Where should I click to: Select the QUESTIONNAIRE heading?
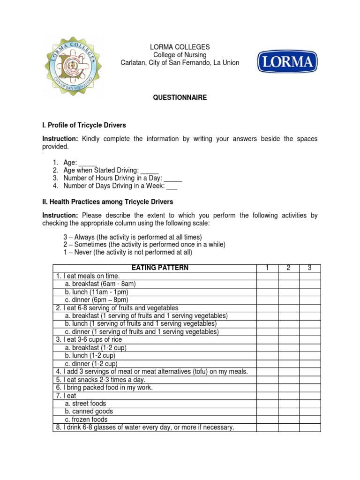tap(180, 97)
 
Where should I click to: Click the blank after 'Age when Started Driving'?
tap(150, 171)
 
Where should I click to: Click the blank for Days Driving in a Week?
tap(172, 187)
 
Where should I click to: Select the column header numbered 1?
tap(267, 268)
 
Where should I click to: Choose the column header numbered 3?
tap(310, 268)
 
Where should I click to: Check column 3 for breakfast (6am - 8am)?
tap(310, 284)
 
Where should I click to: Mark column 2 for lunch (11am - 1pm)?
tap(289, 292)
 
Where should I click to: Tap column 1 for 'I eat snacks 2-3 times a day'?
tap(267, 380)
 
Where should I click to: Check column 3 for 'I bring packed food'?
tap(310, 388)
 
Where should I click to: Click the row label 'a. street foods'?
tap(86, 404)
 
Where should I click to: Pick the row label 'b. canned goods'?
tap(89, 412)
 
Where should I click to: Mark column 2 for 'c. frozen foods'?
tap(289, 420)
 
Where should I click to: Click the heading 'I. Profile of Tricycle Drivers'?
tap(84, 126)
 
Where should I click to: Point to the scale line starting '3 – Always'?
tap(133, 237)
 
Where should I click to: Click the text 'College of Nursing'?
tap(180, 55)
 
